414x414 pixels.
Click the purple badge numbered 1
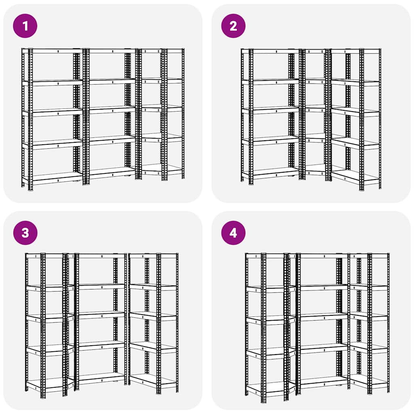coord(25,26)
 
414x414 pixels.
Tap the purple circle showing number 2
coord(233,26)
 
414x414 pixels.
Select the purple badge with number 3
coord(25,233)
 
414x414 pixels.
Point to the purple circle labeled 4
coord(233,233)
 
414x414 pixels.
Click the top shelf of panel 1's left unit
coord(57,51)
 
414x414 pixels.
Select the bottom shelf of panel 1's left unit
coord(57,177)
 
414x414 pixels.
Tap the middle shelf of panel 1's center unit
coord(111,109)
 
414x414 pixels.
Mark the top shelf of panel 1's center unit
coord(111,51)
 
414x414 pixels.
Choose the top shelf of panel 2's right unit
coord(355,51)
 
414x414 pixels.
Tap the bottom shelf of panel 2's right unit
coord(355,177)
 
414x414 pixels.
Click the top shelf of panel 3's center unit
coord(101,256)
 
